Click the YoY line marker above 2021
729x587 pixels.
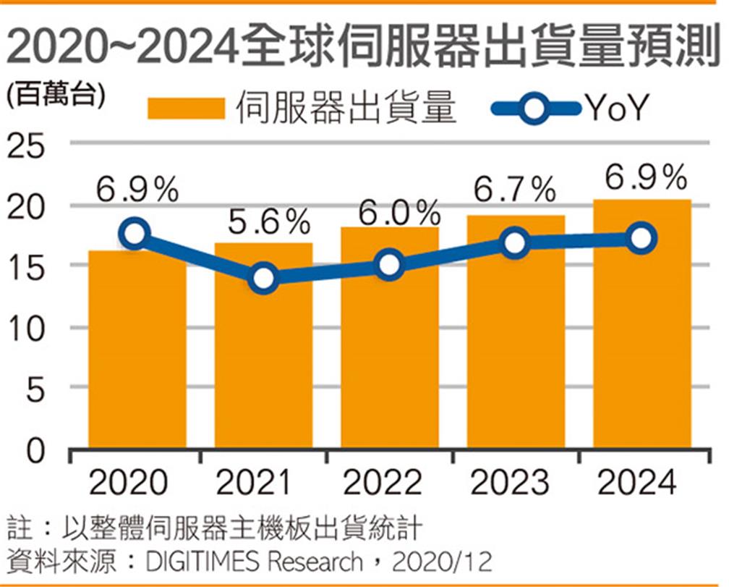coord(263,279)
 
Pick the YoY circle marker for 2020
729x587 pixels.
coord(135,233)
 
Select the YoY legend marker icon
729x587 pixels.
coord(536,109)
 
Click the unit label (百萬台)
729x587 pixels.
coord(54,93)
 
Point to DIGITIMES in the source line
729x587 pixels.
coord(194,561)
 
